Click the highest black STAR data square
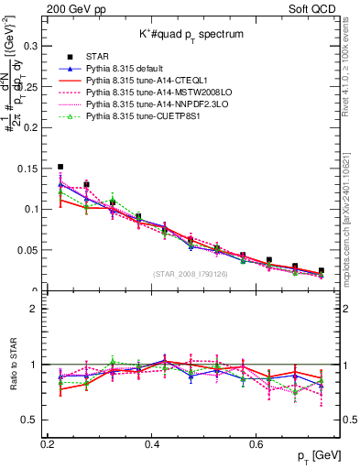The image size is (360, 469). [60, 168]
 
